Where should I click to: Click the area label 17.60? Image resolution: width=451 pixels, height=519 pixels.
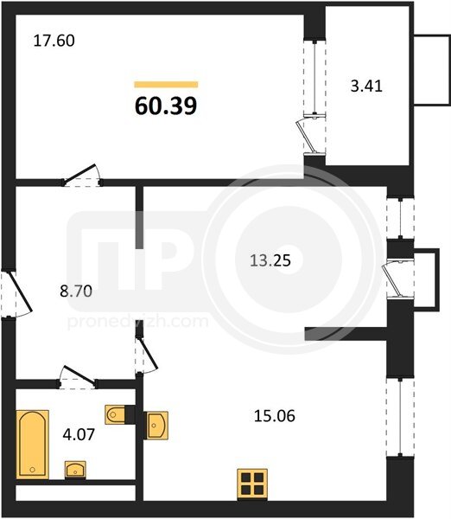pos(54,41)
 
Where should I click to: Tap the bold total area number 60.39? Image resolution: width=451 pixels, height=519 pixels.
pos(166,106)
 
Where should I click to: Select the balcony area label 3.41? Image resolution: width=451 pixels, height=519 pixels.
pos(366,86)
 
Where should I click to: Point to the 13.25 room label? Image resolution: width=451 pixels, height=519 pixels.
pos(270,260)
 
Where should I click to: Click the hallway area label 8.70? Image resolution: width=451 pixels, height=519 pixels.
pos(76,292)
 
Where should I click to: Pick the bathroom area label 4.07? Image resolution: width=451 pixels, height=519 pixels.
pos(79,434)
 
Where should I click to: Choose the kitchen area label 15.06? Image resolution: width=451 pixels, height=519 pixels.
pos(275,416)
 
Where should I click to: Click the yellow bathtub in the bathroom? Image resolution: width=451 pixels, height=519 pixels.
pos(33,445)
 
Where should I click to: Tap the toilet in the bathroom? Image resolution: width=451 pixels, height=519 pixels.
pos(115,414)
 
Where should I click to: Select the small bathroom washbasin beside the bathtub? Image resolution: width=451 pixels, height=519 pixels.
pos(75,470)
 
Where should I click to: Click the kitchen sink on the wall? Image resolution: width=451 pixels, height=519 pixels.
pos(156,426)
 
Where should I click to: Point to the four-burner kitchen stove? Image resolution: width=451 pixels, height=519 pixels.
pos(252,484)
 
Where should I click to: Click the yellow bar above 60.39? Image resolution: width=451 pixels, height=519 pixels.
pos(166,85)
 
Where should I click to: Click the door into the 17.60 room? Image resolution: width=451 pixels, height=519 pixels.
pos(82,175)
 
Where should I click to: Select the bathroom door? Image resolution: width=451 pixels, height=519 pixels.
pos(78,377)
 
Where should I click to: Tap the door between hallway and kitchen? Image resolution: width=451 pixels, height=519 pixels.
pos(147,354)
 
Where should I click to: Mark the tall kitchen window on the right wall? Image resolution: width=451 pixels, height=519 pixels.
pos(400,418)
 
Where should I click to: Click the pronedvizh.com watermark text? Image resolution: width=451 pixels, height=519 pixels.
pos(138,322)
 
